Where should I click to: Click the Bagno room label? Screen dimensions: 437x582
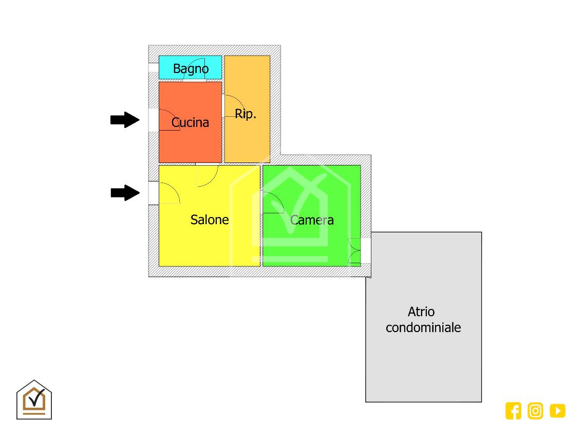coord(191,68)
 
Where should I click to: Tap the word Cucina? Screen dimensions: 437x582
coord(190,122)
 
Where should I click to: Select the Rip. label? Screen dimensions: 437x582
coord(246,114)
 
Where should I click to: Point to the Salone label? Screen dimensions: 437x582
coord(210,220)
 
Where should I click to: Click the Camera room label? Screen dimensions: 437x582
coord(312,220)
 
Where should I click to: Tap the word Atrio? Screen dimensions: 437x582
coord(421,312)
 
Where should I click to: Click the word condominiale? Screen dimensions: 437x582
coord(423,327)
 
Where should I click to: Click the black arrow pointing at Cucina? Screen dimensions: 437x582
coord(125,120)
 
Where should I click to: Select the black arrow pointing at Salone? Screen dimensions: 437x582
coord(125,193)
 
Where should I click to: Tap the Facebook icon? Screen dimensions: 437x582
coord(513,411)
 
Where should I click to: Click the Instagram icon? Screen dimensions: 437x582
coord(535,411)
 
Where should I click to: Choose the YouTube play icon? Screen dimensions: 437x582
coord(557,411)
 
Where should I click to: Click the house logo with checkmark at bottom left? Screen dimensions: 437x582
coord(34,400)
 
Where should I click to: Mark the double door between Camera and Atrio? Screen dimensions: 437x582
coord(355,251)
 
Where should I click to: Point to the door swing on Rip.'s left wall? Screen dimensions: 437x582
coord(232,106)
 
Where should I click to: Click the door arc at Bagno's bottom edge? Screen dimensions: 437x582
coord(194,73)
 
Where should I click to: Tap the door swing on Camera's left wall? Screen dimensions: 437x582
coord(272,203)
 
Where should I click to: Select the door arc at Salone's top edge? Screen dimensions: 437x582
coord(206,175)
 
